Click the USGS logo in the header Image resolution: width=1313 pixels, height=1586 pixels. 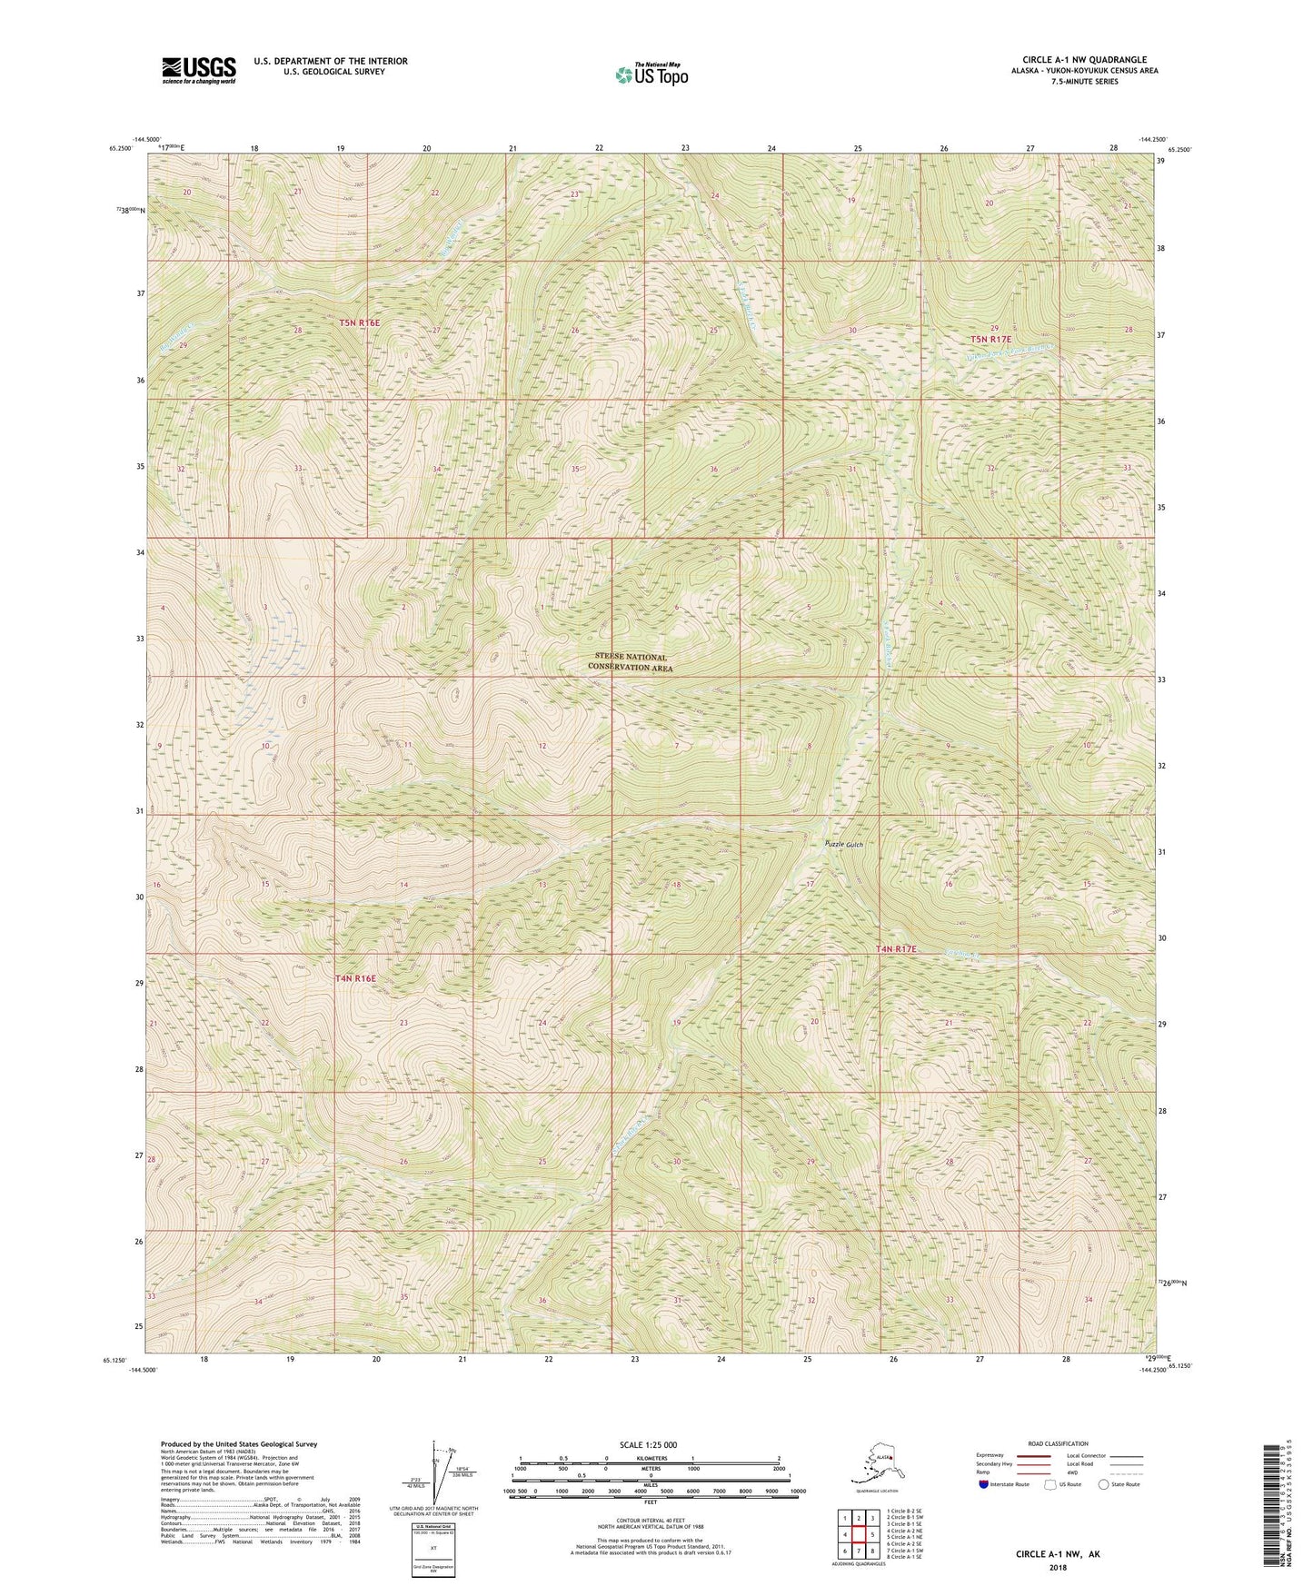[198, 70]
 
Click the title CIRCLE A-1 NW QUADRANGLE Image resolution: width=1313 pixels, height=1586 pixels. [1084, 60]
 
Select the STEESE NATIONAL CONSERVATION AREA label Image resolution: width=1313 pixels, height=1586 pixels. [631, 662]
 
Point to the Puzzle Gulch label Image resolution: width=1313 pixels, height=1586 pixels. [843, 845]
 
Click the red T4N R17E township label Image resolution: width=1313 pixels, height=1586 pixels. [896, 949]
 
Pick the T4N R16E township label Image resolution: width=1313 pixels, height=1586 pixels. [355, 978]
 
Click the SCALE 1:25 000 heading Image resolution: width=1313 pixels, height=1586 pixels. [649, 1445]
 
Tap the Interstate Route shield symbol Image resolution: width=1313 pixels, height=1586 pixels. [983, 1484]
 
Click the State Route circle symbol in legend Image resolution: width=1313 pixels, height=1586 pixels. [1104, 1484]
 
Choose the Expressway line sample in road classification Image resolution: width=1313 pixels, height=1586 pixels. [1033, 1455]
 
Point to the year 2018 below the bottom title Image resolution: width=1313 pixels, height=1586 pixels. [1057, 1567]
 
